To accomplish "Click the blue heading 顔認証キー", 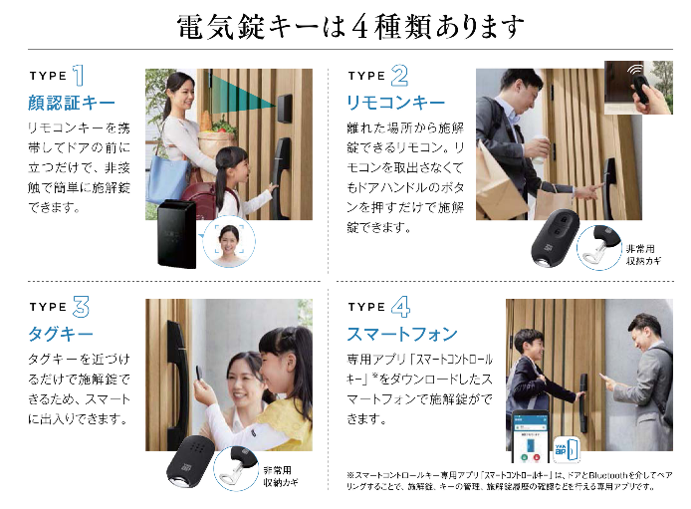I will (72, 103).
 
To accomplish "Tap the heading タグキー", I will (61, 334).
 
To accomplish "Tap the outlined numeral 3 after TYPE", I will (83, 307).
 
